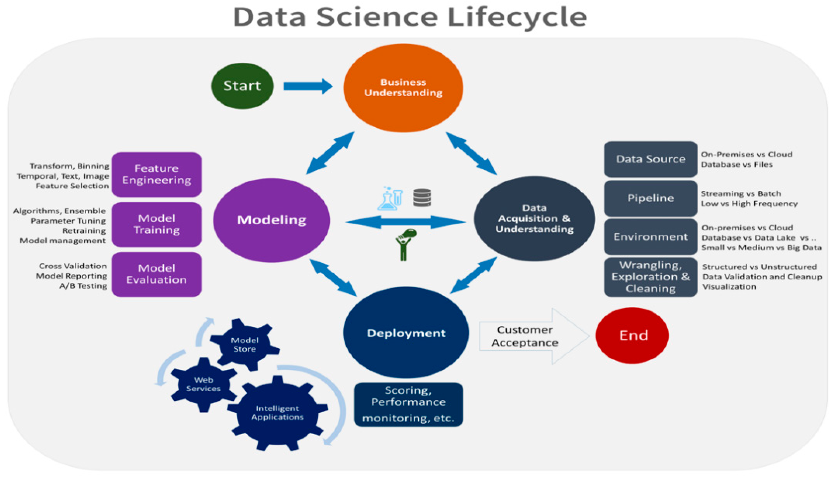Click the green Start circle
[242, 86]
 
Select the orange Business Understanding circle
[403, 88]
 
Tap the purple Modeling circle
[271, 220]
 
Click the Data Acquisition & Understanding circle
[534, 218]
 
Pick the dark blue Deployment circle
[406, 333]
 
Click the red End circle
[632, 335]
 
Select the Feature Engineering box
[157, 174]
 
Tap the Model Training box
[157, 224]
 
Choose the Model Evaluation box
[157, 274]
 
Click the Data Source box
[650, 159]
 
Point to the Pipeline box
[650, 198]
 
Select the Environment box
[650, 237]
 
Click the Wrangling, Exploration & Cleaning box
[650, 277]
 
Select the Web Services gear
[203, 384]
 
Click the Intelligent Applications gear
[277, 413]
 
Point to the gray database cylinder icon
[422, 198]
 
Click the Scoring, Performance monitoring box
[408, 404]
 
